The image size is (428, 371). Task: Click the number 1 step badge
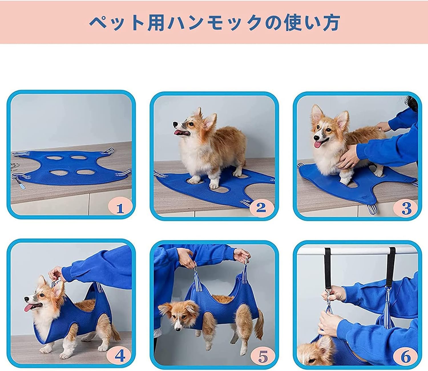tap(120, 208)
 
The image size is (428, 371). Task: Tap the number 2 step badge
tap(262, 208)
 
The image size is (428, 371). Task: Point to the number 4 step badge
tap(120, 356)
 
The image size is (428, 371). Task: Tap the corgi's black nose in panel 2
tap(175, 124)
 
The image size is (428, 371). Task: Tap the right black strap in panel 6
tap(390, 268)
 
